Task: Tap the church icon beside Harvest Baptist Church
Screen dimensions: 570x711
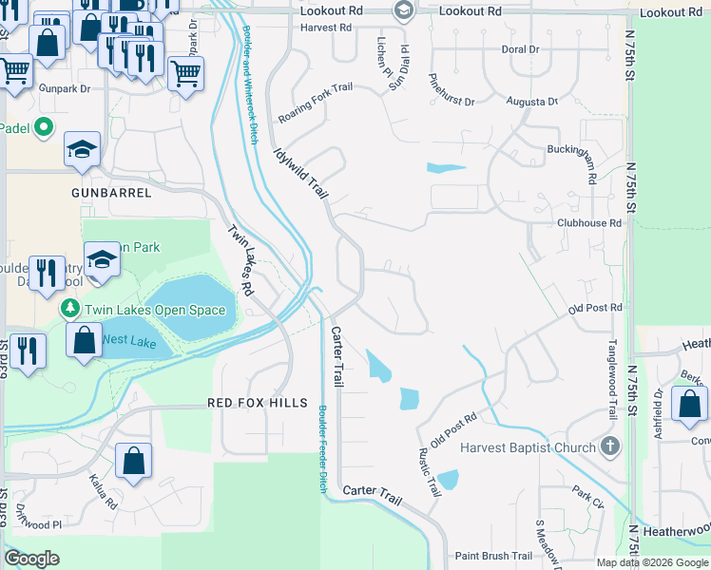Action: click(x=610, y=446)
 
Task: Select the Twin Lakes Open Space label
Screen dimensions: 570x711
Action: click(x=156, y=310)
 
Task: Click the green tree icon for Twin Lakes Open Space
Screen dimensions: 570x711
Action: click(x=70, y=309)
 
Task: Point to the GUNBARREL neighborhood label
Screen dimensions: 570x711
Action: click(x=111, y=192)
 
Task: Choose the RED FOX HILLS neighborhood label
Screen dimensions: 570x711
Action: click(x=258, y=403)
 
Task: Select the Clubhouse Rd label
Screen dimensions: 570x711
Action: click(x=589, y=223)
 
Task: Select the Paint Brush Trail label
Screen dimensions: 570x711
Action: click(x=493, y=556)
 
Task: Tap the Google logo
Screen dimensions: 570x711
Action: click(x=31, y=559)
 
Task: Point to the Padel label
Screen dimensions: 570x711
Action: click(x=14, y=128)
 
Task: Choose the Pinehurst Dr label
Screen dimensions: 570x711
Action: click(x=452, y=91)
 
